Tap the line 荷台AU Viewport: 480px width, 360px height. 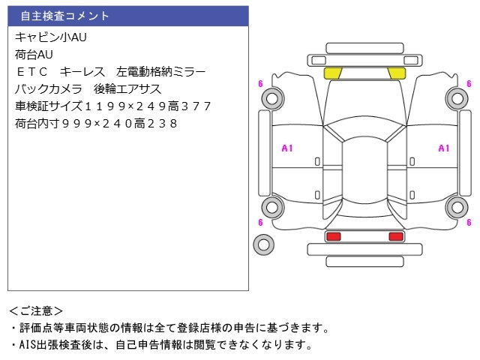[x=34, y=54]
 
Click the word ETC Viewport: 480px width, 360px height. [x=31, y=72]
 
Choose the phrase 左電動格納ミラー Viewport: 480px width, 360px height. [x=161, y=72]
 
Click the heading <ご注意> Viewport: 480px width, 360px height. [x=36, y=310]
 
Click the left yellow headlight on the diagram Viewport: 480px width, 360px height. [x=333, y=73]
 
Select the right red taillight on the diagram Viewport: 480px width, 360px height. [x=395, y=236]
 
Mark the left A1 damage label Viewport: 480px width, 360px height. [x=286, y=148]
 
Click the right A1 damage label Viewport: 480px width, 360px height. [x=443, y=148]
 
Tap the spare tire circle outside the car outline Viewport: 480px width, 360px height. [x=263, y=244]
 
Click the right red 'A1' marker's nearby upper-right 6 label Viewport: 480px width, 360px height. [x=469, y=83]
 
